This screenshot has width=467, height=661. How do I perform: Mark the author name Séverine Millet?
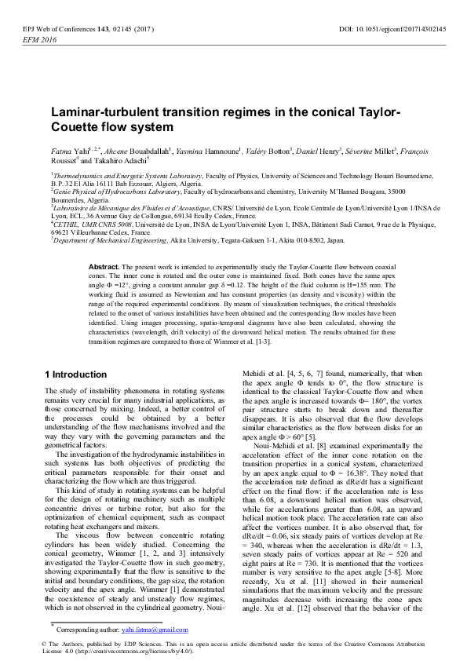click(x=374, y=151)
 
